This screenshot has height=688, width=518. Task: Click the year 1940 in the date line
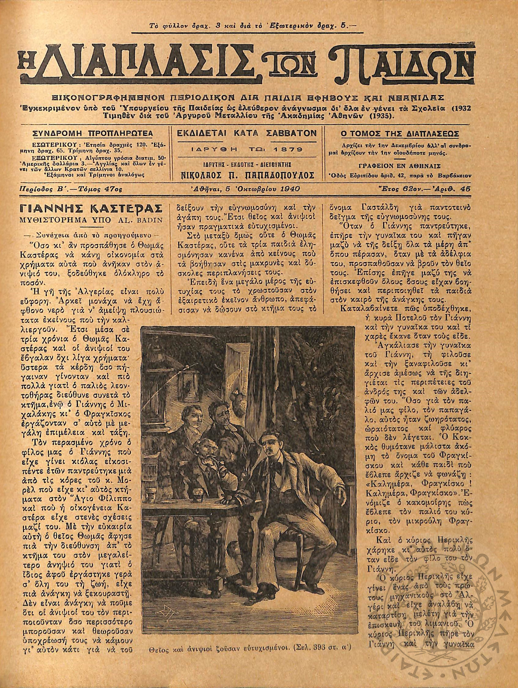[290, 189]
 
